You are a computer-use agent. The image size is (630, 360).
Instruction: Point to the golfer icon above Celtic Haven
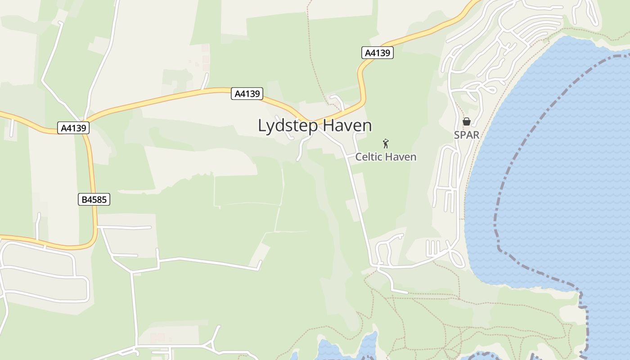[386, 144]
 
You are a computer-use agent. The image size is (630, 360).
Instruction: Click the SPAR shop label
[467, 135]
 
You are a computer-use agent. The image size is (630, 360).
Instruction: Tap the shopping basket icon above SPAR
[467, 121]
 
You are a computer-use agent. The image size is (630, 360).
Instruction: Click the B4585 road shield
[94, 199]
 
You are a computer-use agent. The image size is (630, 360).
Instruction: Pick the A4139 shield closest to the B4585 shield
[73, 128]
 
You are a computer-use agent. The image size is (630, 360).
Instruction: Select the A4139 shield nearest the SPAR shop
[377, 53]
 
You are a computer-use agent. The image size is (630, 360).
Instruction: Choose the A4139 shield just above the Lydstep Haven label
[247, 94]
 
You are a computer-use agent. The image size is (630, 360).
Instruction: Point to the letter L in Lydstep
[262, 126]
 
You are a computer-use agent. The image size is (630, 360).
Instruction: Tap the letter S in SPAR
[457, 135]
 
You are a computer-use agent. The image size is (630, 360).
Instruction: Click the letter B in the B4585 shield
[84, 199]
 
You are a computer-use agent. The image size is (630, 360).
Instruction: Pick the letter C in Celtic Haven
[359, 157]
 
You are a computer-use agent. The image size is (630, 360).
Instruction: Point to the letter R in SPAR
[476, 135]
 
